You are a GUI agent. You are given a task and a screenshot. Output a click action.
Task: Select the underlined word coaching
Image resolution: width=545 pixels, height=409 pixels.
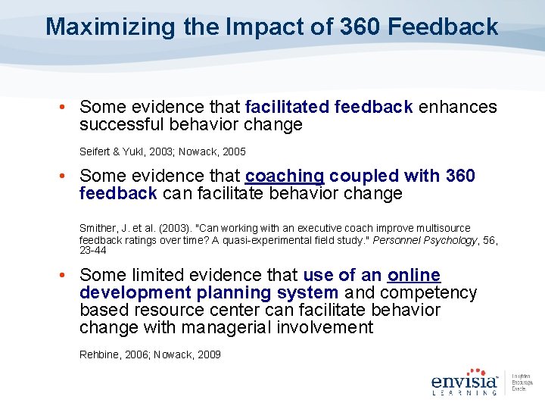tap(285, 176)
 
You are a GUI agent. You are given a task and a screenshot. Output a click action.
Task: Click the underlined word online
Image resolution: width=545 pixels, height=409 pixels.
tap(414, 276)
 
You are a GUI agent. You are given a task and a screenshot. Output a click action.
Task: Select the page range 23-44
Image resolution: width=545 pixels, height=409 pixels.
tap(92, 250)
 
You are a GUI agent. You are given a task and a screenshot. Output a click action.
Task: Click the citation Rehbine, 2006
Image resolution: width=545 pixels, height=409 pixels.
tap(113, 354)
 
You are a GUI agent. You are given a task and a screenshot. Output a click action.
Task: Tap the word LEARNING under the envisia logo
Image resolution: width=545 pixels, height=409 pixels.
tap(464, 392)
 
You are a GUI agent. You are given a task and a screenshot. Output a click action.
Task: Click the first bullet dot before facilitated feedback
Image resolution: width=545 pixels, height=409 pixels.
tap(62, 108)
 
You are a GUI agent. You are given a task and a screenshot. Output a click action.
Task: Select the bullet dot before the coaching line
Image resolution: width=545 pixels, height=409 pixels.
tap(62, 176)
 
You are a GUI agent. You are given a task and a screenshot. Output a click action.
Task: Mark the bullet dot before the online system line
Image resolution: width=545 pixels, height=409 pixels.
tap(62, 276)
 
